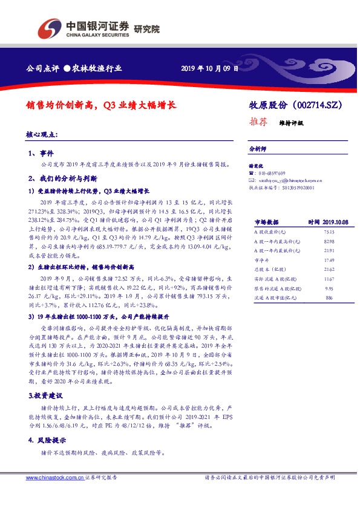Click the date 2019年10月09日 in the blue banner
tap(210, 69)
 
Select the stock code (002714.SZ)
tap(321, 105)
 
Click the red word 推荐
tap(258, 122)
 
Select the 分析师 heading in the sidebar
tap(258, 148)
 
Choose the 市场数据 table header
tap(266, 222)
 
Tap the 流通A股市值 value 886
tap(329, 298)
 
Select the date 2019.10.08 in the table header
tap(336, 222)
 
